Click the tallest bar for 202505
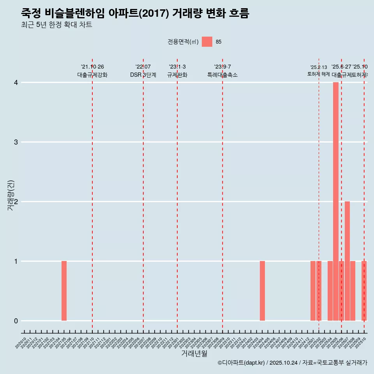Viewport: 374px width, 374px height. point(335,201)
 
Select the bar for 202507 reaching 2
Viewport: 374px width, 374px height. point(347,261)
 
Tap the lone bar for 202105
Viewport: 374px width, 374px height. point(64,291)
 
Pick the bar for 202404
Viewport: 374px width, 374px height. point(262,291)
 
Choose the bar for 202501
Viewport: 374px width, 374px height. point(313,291)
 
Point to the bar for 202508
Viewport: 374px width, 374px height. point(353,291)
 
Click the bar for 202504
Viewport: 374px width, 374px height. point(330,291)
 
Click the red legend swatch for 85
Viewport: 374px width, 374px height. point(207,42)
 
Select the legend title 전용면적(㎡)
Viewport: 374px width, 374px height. point(183,42)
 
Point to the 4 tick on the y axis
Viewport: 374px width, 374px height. point(16,83)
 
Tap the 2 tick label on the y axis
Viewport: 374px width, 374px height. point(16,202)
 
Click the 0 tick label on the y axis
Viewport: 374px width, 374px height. point(16,321)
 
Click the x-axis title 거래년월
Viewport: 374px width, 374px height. point(194,353)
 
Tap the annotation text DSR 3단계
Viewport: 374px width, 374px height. point(143,75)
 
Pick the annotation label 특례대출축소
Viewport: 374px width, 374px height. point(222,75)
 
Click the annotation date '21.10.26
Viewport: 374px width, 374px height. point(92,67)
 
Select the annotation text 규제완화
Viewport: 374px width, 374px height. point(177,75)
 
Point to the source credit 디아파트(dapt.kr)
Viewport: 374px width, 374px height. point(242,363)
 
